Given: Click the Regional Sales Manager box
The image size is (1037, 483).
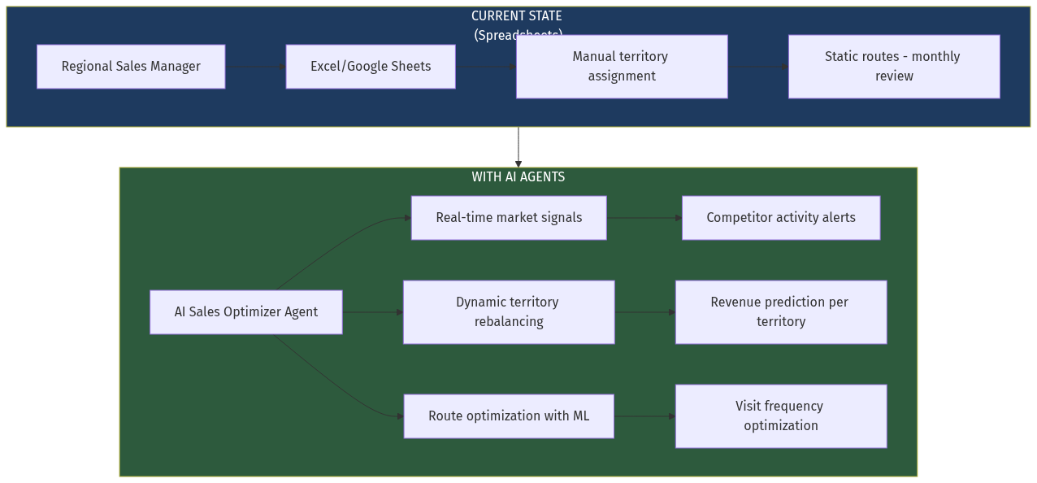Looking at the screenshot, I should click(x=131, y=67).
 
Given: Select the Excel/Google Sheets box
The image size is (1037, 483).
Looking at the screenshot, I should click(x=371, y=67).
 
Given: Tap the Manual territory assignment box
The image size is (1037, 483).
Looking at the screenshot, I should click(x=622, y=67).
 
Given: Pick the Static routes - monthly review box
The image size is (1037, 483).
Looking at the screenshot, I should click(x=894, y=67).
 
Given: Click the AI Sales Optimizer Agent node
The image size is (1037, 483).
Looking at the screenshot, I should click(x=245, y=312).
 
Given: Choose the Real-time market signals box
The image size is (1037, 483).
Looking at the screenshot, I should click(x=509, y=218).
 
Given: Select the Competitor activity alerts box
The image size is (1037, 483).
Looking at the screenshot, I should click(x=781, y=218).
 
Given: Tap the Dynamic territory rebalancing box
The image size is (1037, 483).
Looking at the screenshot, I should click(x=509, y=312).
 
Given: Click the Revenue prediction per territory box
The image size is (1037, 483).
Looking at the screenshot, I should click(x=781, y=312).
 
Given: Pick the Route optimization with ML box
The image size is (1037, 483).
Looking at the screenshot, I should click(x=509, y=416).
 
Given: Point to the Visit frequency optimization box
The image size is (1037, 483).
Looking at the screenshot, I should click(x=781, y=416).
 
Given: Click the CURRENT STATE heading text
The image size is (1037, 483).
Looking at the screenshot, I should click(x=517, y=16).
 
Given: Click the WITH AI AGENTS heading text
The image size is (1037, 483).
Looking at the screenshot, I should click(x=518, y=177).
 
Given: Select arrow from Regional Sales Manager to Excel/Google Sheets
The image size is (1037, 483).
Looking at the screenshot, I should click(x=255, y=67).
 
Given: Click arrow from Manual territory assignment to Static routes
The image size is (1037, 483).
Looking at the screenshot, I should click(x=757, y=67).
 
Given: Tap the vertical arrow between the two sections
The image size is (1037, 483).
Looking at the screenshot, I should click(x=518, y=147).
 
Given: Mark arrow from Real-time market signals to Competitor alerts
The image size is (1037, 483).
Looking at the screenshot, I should click(x=644, y=218).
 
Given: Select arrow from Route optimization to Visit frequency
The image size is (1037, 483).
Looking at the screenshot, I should click(x=644, y=416).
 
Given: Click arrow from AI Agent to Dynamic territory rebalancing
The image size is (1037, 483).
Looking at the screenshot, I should click(x=372, y=312).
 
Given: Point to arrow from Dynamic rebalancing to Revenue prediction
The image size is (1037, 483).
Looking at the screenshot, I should click(x=644, y=312).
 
